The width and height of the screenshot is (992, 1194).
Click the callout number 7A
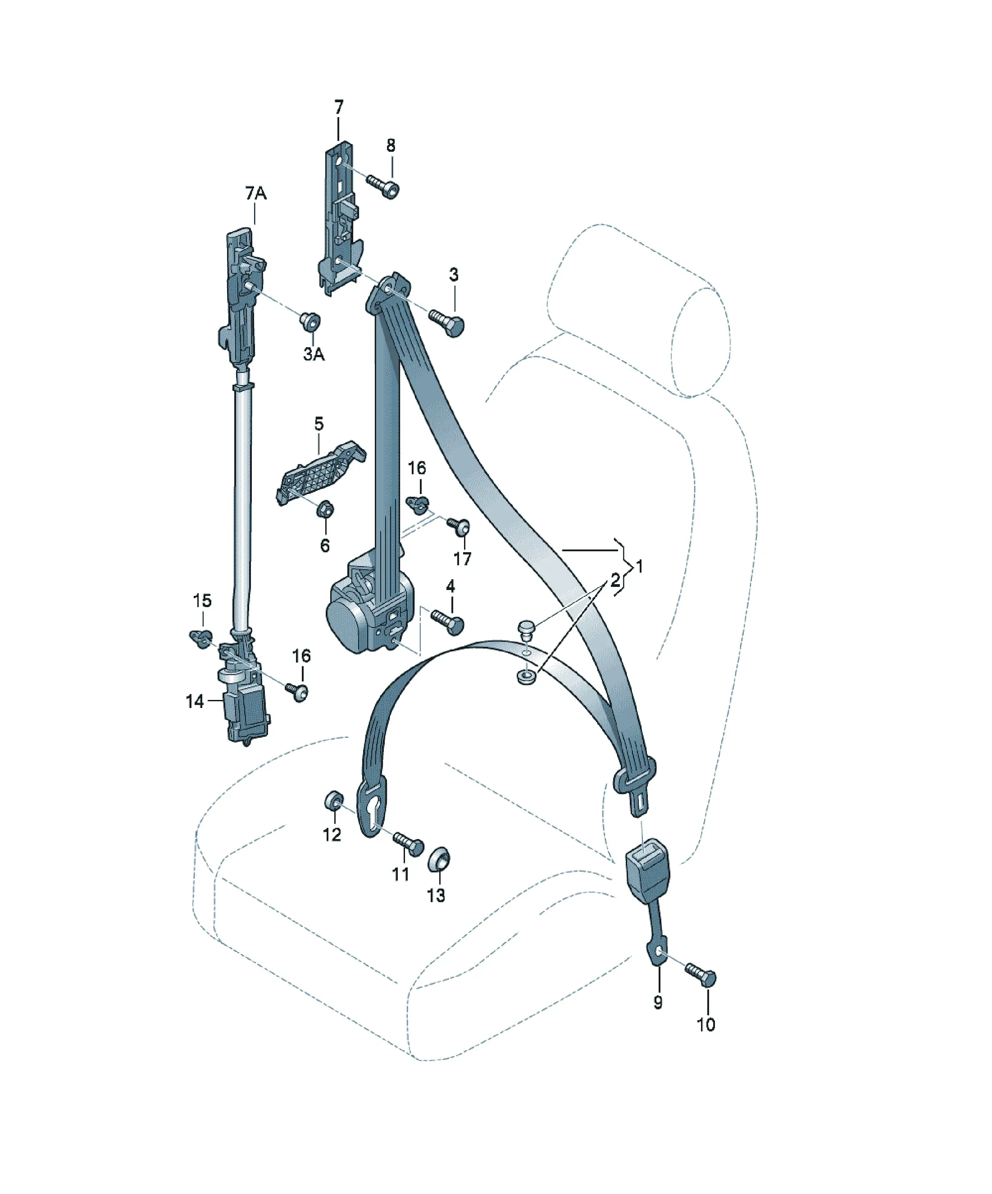(x=256, y=193)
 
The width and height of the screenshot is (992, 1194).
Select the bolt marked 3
(x=447, y=322)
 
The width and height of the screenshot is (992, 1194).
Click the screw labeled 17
(x=459, y=527)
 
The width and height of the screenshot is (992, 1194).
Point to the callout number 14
(x=195, y=702)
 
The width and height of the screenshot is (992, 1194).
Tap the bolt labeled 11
(x=407, y=843)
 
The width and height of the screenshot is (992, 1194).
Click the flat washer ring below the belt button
(x=526, y=676)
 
